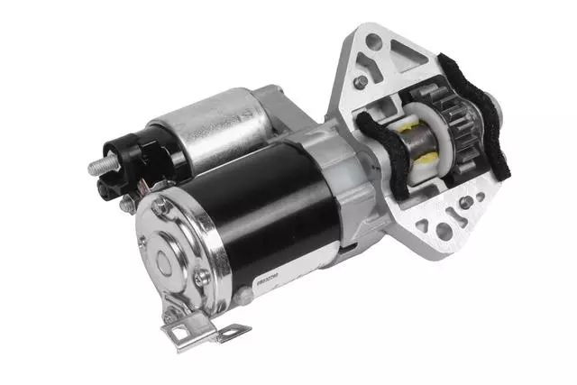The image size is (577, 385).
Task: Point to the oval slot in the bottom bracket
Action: coord(225,333)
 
